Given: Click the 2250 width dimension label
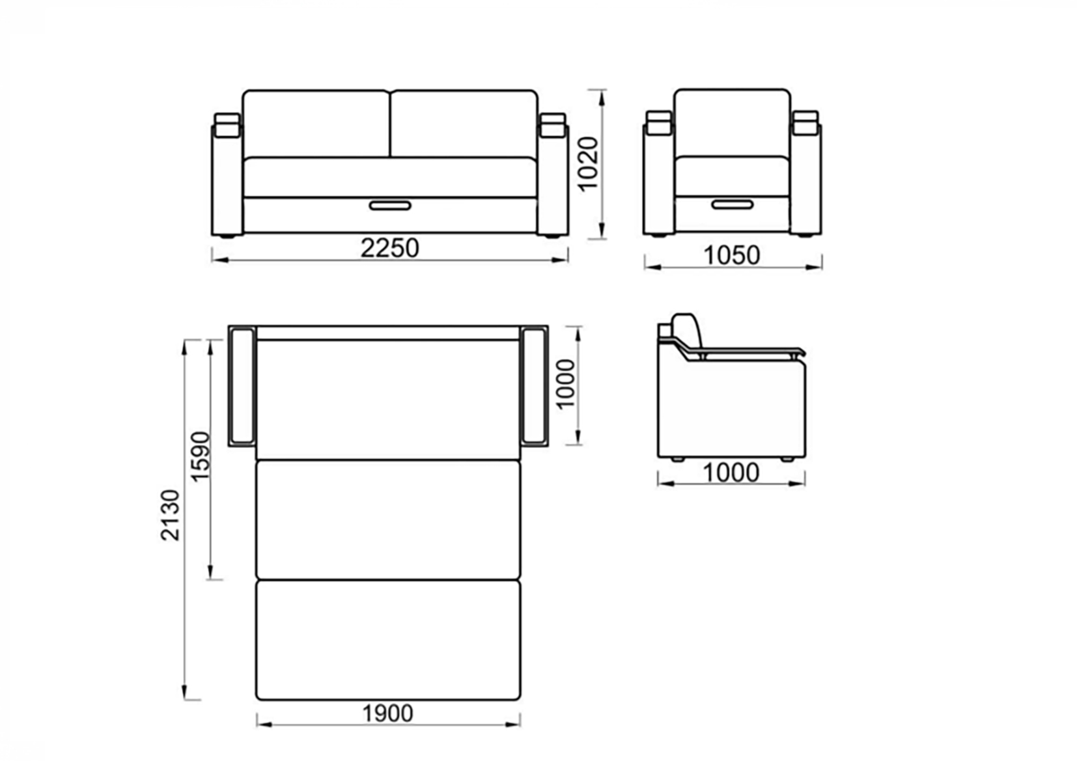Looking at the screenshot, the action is point(389,248).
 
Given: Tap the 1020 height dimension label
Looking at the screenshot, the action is point(587,165).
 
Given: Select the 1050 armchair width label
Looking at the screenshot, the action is point(732,255).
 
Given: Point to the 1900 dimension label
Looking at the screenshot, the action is point(387,713).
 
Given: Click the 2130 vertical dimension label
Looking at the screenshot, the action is point(170,515).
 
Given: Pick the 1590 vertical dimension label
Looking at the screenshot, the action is point(201,456).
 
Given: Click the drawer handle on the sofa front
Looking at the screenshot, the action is point(390,206).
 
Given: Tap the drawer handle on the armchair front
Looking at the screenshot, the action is point(733,205).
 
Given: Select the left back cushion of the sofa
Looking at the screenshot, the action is point(316,123).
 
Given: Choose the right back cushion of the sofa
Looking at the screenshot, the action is point(464,123).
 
